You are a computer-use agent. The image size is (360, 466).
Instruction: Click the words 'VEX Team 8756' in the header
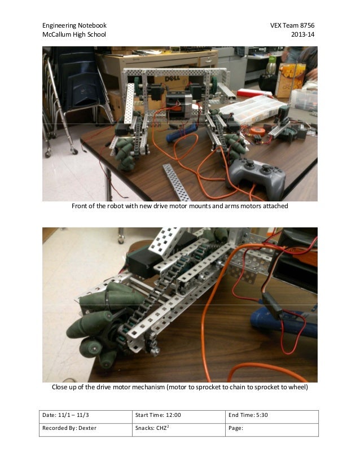click(293, 25)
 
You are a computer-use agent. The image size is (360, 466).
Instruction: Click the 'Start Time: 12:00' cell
click(159, 416)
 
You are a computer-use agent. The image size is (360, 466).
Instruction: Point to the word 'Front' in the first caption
click(81, 206)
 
